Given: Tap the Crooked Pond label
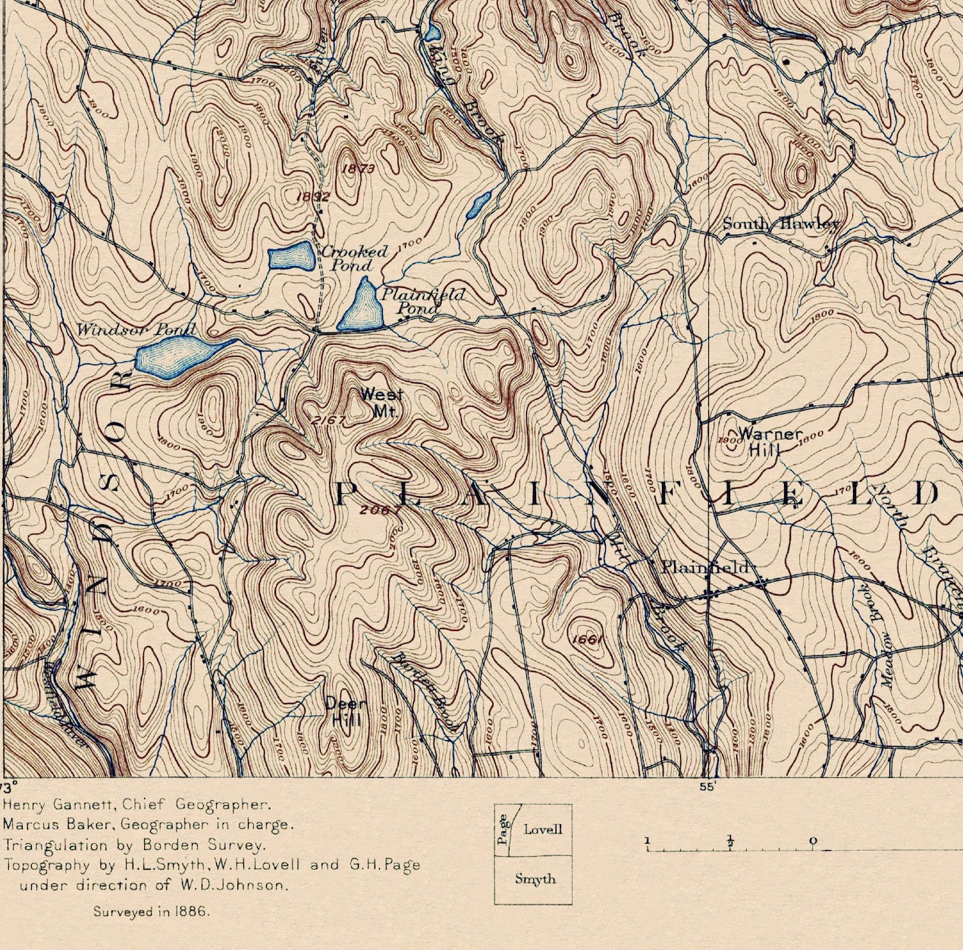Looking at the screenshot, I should pos(353,258).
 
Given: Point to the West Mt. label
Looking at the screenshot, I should pos(381,402).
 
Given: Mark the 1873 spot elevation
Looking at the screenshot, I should pos(358,169).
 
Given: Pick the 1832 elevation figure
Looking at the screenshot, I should pos(312,196).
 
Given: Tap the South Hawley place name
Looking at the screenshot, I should pos(780,223).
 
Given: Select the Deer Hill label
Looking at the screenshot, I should pos(345,711).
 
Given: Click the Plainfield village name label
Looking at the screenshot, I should pos(704,567).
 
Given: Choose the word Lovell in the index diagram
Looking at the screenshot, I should pos(543,830).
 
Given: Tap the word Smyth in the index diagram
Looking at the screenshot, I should pos(535,879).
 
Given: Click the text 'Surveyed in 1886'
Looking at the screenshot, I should pos(151,911).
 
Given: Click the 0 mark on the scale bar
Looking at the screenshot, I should pos(813,840).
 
